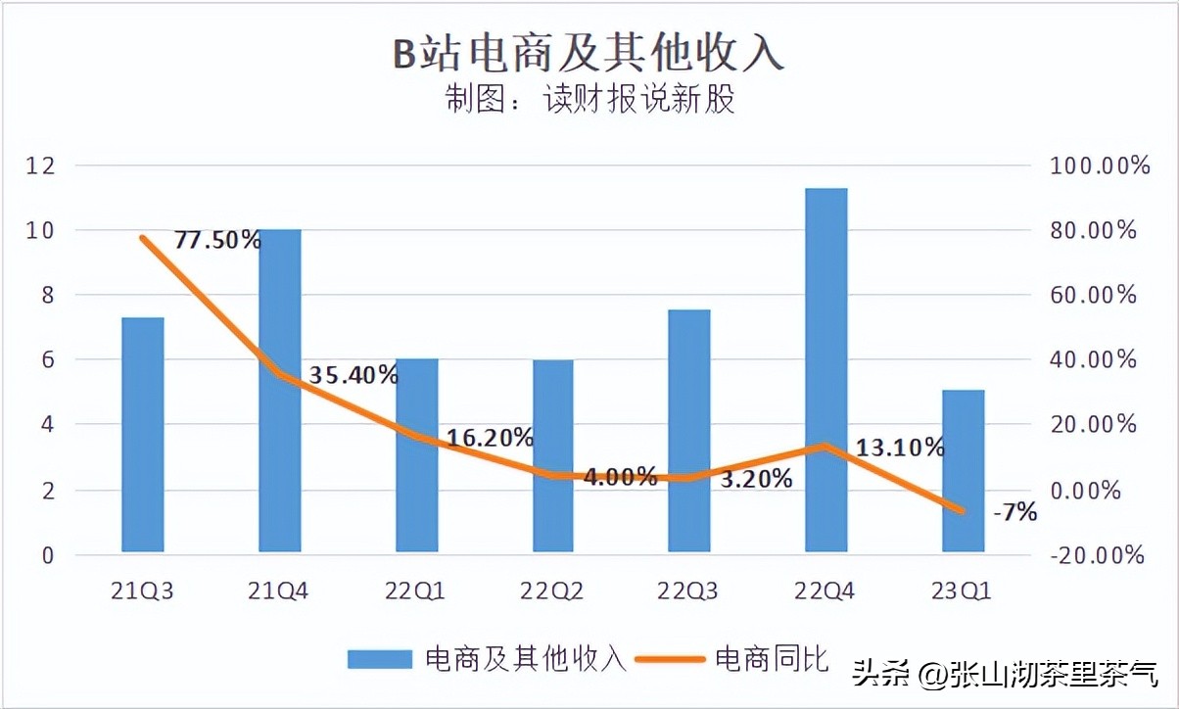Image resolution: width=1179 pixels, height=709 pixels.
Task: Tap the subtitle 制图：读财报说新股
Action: point(589,100)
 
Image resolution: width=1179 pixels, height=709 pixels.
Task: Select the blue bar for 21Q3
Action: point(142,435)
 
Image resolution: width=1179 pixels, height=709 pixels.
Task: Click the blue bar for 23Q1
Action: point(963,471)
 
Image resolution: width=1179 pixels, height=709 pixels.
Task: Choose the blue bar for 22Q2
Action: point(552,455)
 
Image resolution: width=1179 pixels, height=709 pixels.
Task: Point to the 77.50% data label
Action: point(217,240)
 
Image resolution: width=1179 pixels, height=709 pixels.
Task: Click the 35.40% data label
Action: point(354,374)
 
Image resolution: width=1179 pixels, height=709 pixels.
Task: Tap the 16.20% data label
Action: point(490,438)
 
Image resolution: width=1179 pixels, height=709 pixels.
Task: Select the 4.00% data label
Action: point(620,477)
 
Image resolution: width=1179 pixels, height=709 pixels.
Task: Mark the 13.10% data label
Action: point(900,448)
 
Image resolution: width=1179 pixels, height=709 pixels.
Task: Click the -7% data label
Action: point(1014,511)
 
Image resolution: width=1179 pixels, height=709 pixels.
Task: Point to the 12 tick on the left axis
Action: point(39,165)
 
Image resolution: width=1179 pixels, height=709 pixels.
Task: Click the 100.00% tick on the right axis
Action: point(1100,165)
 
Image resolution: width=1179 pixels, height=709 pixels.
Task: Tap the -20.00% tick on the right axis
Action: point(1097,555)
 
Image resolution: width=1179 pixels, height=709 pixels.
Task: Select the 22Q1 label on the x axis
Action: point(416,591)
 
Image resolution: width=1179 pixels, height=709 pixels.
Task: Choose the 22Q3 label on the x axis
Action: point(688,591)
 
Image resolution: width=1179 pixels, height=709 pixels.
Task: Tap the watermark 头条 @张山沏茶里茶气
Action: point(1005,674)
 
